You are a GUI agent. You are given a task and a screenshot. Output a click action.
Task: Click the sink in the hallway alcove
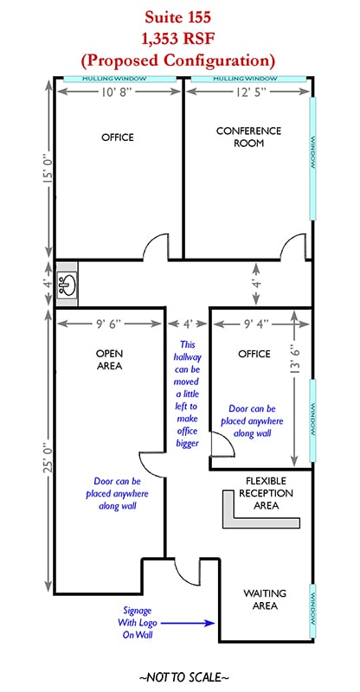(67, 283)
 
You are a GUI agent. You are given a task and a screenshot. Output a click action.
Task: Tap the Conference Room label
(248, 137)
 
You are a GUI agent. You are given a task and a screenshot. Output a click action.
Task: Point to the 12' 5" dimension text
(248, 92)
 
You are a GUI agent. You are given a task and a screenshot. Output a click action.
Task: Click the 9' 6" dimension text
(110, 324)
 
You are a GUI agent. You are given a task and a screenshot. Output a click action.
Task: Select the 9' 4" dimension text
(254, 324)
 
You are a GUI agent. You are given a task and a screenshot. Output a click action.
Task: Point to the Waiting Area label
(265, 599)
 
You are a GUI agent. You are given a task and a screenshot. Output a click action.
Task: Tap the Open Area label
(109, 360)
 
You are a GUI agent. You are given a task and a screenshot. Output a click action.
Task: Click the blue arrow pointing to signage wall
(187, 623)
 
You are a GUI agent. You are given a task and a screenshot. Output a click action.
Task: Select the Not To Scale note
(183, 677)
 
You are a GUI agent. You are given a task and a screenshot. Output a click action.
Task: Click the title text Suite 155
(178, 16)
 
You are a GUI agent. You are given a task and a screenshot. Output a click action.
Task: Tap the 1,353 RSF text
(178, 38)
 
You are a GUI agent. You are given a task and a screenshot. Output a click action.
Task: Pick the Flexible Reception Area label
(266, 493)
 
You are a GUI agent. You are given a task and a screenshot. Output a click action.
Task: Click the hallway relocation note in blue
(187, 394)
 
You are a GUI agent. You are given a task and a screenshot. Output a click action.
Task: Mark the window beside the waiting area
(312, 612)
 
